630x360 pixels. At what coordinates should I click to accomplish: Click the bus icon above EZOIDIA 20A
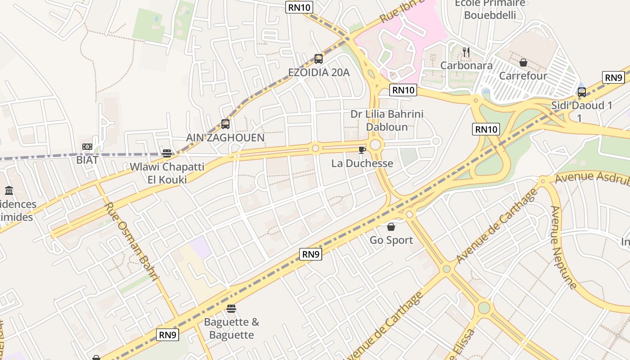[319, 58]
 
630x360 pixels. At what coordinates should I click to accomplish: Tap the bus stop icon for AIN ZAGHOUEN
[225, 124]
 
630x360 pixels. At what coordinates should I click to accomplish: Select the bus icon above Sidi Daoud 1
[582, 92]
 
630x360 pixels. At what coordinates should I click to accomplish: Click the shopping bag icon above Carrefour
[523, 63]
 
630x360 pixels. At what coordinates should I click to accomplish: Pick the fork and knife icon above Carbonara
[466, 52]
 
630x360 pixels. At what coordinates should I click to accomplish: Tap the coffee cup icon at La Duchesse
[362, 150]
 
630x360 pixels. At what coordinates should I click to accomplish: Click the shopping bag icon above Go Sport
[391, 227]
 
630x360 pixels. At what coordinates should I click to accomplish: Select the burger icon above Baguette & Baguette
[231, 309]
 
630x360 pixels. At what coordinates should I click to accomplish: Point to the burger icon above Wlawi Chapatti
[167, 153]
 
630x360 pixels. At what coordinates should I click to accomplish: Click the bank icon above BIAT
[87, 147]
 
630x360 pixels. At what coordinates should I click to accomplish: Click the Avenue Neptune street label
[563, 247]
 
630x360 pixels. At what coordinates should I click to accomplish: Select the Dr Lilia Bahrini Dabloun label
[387, 121]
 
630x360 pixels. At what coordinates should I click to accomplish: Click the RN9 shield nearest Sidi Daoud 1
[614, 77]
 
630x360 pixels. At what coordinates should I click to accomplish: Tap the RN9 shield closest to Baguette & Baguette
[168, 335]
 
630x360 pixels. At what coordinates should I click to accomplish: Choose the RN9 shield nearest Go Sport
[310, 254]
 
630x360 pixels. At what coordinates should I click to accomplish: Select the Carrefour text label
[523, 76]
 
